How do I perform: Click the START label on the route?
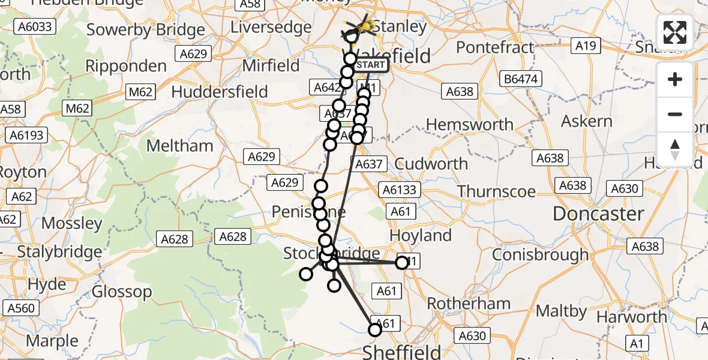(x=371, y=65)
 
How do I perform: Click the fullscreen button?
(x=675, y=32)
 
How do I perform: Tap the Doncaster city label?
(x=598, y=214)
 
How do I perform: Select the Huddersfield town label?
(x=220, y=92)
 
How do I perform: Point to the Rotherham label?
(x=460, y=304)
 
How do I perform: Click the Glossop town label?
(x=123, y=292)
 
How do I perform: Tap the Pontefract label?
(x=495, y=47)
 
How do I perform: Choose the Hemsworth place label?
(x=469, y=125)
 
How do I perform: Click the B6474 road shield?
(x=522, y=79)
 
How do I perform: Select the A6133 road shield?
(x=398, y=190)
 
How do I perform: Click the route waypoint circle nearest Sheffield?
(x=375, y=329)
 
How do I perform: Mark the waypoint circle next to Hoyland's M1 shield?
(x=402, y=262)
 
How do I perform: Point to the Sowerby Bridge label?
(x=146, y=30)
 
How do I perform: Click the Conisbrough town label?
(x=540, y=254)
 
